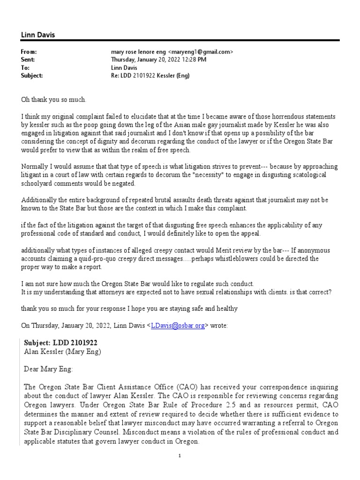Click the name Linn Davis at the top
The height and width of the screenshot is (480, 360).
[x=38, y=35]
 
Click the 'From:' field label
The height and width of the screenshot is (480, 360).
[x=29, y=52]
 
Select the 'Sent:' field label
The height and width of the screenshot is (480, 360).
[x=28, y=60]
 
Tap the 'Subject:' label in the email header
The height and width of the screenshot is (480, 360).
[x=32, y=75]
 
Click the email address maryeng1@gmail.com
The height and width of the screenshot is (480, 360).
[x=202, y=52]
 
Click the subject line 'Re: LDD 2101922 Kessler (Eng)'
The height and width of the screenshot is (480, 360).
[x=150, y=75]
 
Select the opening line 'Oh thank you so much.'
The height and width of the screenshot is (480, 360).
[x=54, y=99]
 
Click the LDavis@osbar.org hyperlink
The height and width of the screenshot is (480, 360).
[x=178, y=326]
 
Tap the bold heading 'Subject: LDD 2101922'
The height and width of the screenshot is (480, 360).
[x=61, y=343]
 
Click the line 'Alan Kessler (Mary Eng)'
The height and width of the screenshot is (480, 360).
[x=62, y=351]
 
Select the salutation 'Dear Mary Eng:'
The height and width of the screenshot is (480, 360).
[x=48, y=369]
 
